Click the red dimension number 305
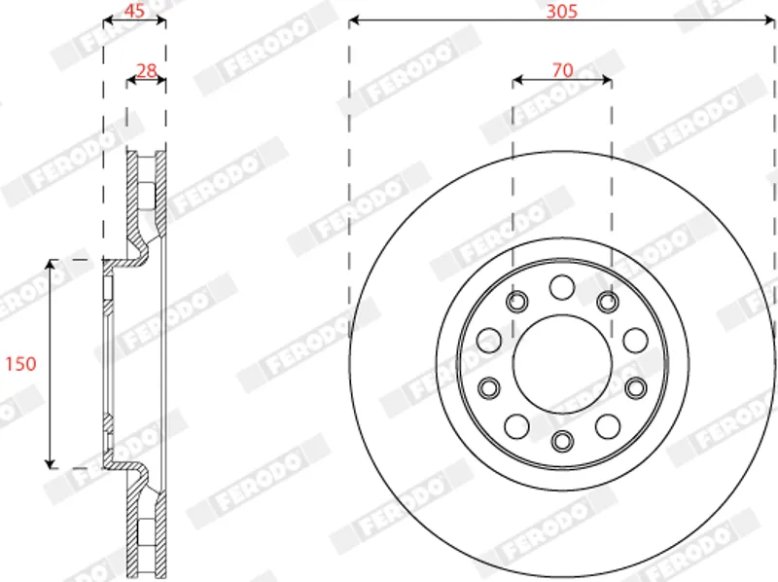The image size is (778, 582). coord(562,11)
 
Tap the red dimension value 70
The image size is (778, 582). coord(563,70)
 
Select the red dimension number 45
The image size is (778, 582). coord(134,11)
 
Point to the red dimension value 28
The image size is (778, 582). coord(147,71)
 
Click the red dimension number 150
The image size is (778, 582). coord(20,364)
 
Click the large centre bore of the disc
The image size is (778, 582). coord(562,364)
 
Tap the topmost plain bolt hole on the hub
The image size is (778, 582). coord(562,287)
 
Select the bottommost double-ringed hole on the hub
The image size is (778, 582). coord(562,441)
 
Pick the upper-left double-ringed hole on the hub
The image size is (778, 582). coord(517,302)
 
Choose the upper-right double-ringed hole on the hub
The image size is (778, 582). coord(608,302)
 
